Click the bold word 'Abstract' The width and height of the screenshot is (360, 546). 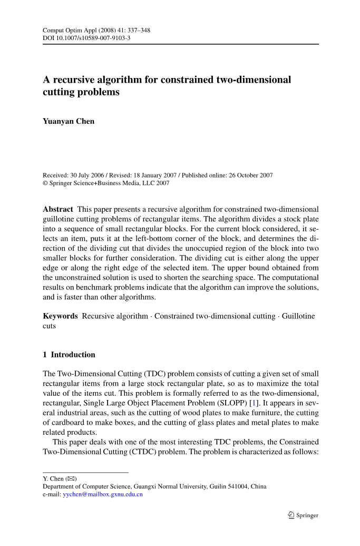click(58, 209)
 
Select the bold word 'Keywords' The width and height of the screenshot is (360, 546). click(60, 316)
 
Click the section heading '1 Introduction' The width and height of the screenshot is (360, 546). click(69, 355)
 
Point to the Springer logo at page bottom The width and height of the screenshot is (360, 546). click(304, 515)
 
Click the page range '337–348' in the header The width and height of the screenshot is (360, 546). click(138, 31)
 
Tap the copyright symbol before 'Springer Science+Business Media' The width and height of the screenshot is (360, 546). click(45, 183)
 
